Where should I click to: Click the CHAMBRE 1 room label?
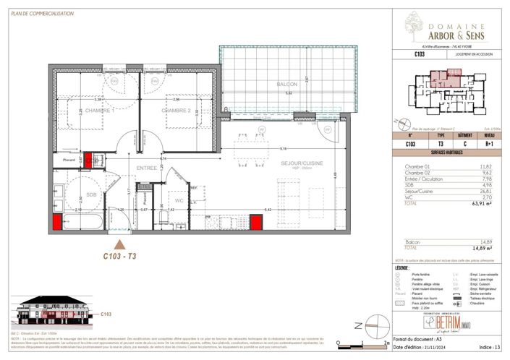tap(99, 111)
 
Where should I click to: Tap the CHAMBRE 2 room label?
tap(176, 111)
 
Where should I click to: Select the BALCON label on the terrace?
tap(287, 85)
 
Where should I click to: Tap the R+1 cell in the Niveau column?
tap(490, 144)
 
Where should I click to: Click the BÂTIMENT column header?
tap(465, 135)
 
